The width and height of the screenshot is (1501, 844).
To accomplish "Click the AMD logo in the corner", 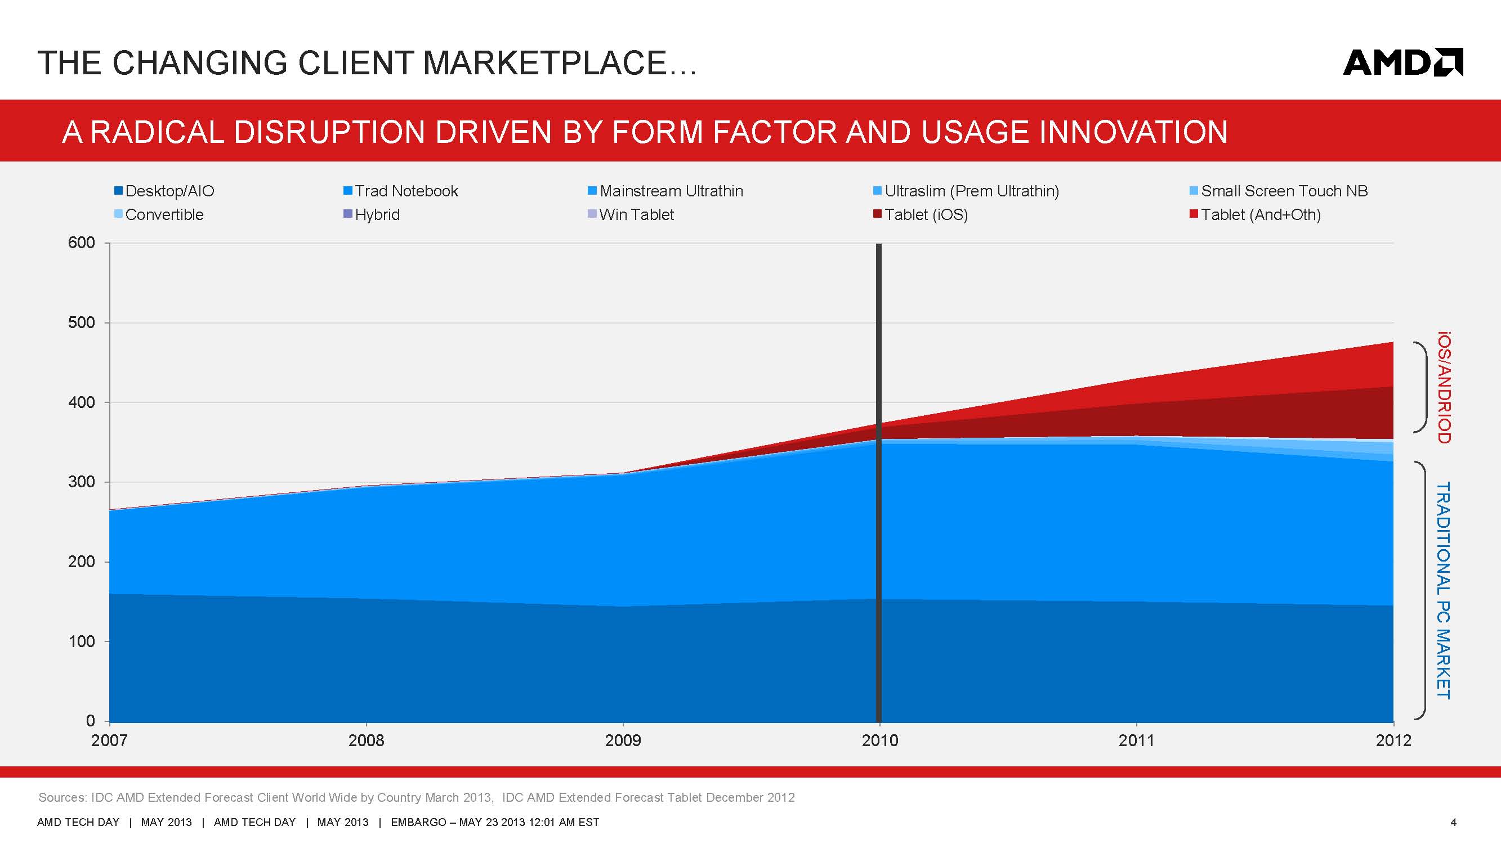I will click(x=1402, y=62).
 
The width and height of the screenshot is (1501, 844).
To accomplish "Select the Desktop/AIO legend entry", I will click(x=164, y=191).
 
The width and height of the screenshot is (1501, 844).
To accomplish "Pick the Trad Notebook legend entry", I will click(x=401, y=191).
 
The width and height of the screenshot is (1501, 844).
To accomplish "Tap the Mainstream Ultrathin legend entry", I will click(x=665, y=191).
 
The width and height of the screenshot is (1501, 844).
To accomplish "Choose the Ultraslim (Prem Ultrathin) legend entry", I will click(x=966, y=191).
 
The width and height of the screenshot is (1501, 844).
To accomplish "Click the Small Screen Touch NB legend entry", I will click(x=1279, y=191).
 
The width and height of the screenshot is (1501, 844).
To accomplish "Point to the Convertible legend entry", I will click(x=159, y=215).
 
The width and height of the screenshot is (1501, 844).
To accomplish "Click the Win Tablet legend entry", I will click(x=631, y=215).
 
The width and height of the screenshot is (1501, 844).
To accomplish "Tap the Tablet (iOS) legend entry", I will click(x=921, y=215).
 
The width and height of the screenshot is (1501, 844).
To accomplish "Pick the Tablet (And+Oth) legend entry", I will click(x=1255, y=215).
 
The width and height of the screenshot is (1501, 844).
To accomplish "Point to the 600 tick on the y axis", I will click(x=82, y=243).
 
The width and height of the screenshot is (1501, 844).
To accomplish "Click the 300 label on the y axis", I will click(x=82, y=482).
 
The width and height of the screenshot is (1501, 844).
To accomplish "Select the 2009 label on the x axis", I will click(x=623, y=741).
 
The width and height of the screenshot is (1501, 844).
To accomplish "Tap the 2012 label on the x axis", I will click(x=1393, y=741).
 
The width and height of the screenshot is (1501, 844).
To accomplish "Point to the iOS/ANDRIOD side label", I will click(x=1444, y=387).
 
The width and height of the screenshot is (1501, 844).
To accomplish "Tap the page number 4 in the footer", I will click(x=1453, y=823).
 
